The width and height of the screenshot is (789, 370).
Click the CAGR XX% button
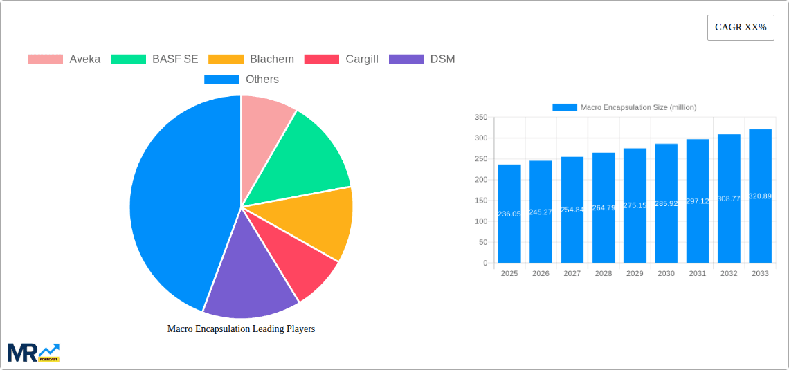(x=740, y=28)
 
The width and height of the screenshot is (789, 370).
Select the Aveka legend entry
(x=64, y=59)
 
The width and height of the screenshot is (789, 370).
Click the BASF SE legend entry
(x=154, y=59)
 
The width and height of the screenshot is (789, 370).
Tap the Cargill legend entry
(x=342, y=59)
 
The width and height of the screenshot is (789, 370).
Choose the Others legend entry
(x=242, y=79)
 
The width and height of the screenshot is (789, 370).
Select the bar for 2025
(x=509, y=214)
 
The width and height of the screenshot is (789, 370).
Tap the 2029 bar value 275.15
(x=635, y=205)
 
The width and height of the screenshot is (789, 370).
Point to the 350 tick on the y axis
(x=481, y=118)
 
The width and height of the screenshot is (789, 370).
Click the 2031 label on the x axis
(x=698, y=273)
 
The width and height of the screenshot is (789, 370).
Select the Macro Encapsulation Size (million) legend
(x=624, y=107)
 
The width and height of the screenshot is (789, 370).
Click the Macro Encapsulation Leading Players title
(x=241, y=329)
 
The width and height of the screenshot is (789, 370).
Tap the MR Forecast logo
(x=33, y=352)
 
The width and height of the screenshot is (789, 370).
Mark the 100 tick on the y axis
(x=481, y=221)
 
